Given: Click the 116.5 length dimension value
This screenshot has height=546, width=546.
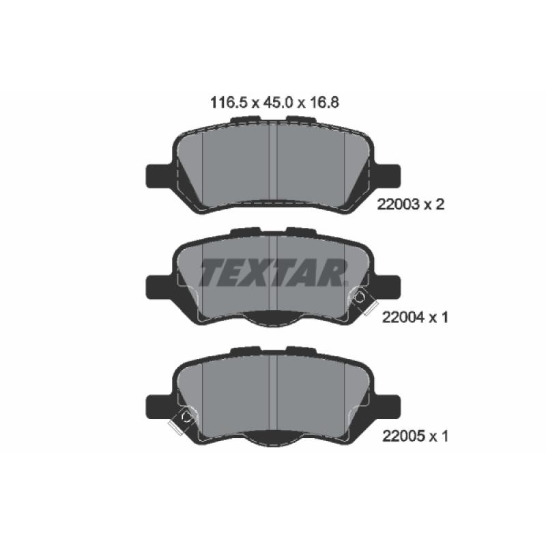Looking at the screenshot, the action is point(229,103).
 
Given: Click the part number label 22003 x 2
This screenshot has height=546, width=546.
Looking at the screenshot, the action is point(411,204).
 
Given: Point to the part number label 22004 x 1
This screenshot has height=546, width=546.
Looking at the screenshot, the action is point(415,317).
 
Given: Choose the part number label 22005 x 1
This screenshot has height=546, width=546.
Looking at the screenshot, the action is point(415,435).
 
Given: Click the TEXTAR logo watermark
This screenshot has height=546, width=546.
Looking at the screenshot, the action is point(274,272).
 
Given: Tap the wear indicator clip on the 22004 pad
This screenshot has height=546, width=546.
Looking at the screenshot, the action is point(362,301).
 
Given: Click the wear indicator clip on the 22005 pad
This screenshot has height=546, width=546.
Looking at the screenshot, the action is point(182,420).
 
